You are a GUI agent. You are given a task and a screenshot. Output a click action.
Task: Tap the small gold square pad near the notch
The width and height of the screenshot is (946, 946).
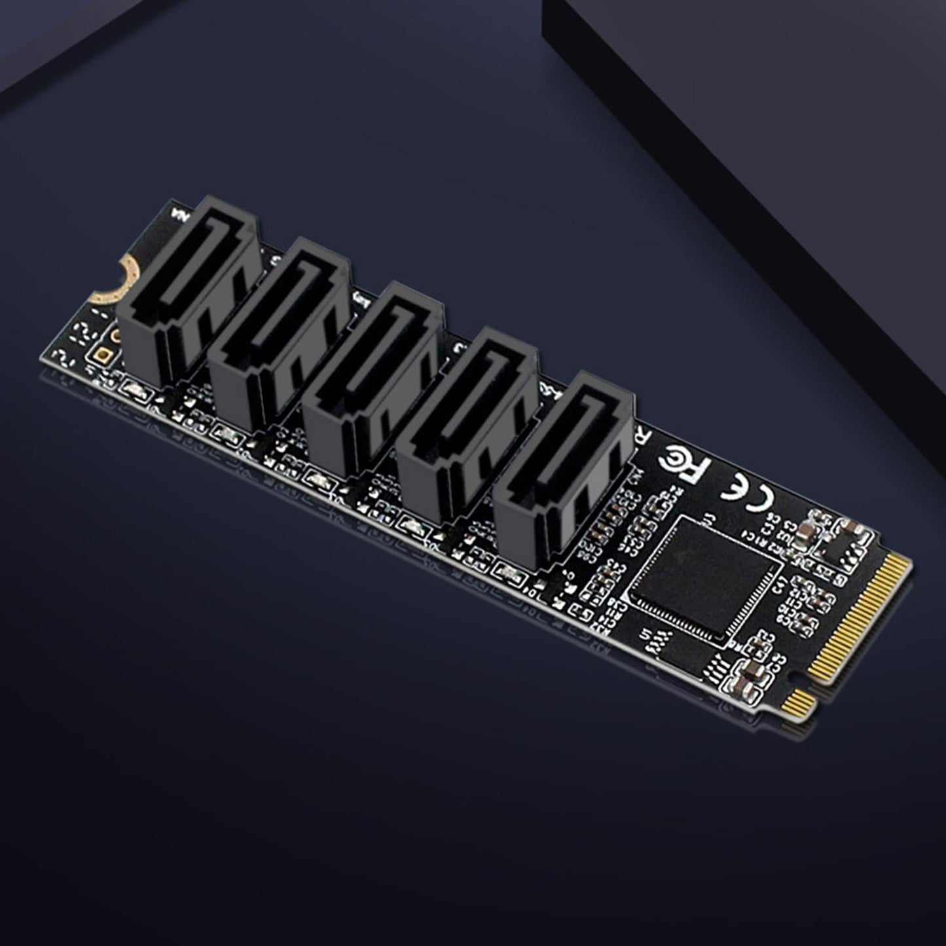click(x=103, y=356)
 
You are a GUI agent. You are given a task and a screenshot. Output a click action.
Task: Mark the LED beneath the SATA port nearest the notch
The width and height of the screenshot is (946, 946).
click(x=131, y=391)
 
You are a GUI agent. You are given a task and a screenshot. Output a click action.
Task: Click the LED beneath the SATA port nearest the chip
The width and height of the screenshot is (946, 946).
click(x=506, y=570)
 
